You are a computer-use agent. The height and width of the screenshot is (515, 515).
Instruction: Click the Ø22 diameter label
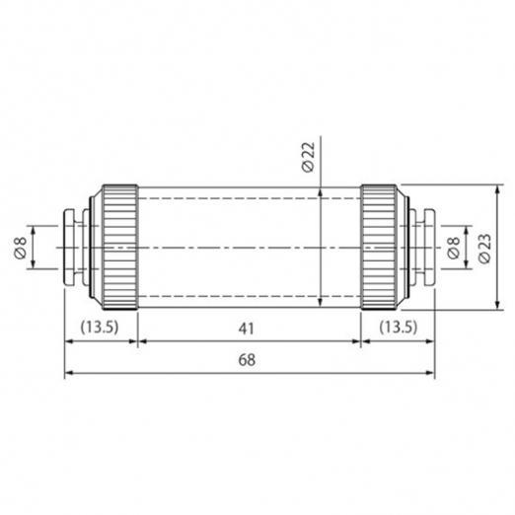(x=308, y=157)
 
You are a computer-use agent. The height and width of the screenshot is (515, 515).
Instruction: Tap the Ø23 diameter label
(x=484, y=249)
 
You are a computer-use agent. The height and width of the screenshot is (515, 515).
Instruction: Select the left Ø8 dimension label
(x=21, y=248)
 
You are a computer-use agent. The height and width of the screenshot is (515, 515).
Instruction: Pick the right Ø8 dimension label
(x=454, y=248)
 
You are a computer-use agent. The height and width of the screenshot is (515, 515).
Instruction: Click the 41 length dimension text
(x=247, y=329)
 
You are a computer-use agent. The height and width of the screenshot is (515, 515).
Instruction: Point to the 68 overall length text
(x=247, y=360)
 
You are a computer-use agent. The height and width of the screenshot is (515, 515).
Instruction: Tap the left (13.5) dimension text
(x=100, y=327)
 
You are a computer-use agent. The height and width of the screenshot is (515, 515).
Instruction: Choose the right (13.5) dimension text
(x=399, y=327)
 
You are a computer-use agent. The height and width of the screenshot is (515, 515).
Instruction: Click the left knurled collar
(x=119, y=248)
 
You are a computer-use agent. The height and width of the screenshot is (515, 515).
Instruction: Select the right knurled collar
(x=379, y=248)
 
